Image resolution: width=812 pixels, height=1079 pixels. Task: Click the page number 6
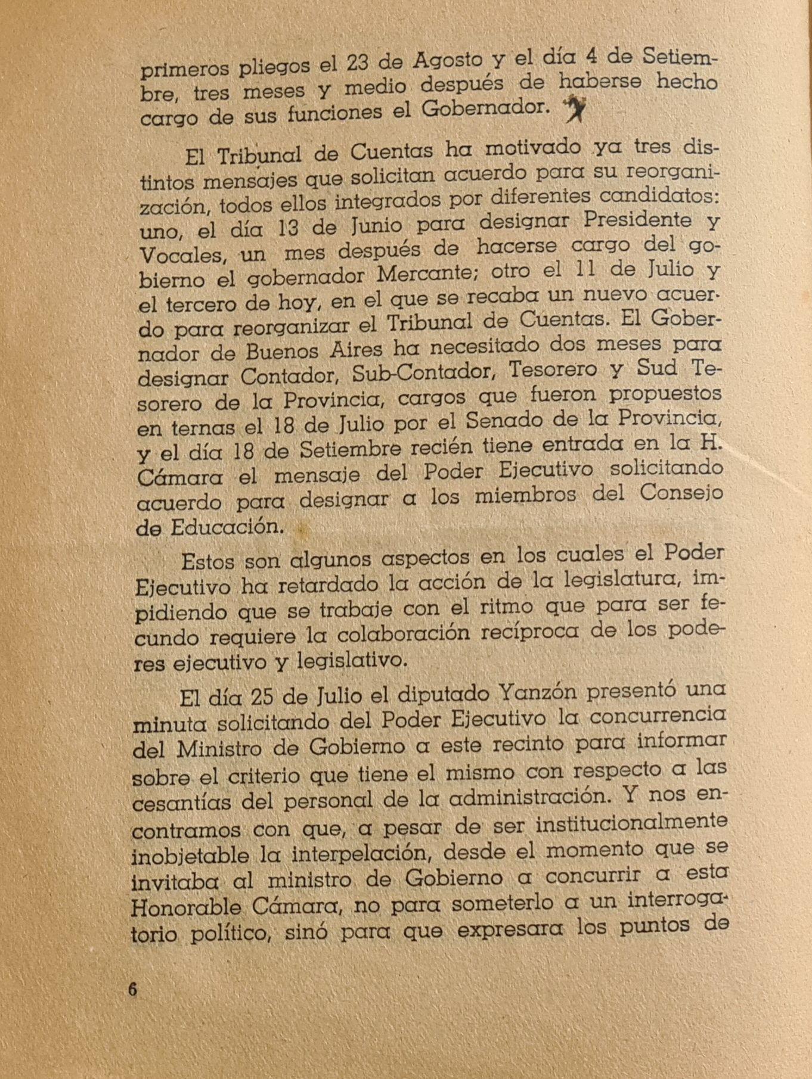(132, 990)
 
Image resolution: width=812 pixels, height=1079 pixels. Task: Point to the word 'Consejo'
(681, 494)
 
